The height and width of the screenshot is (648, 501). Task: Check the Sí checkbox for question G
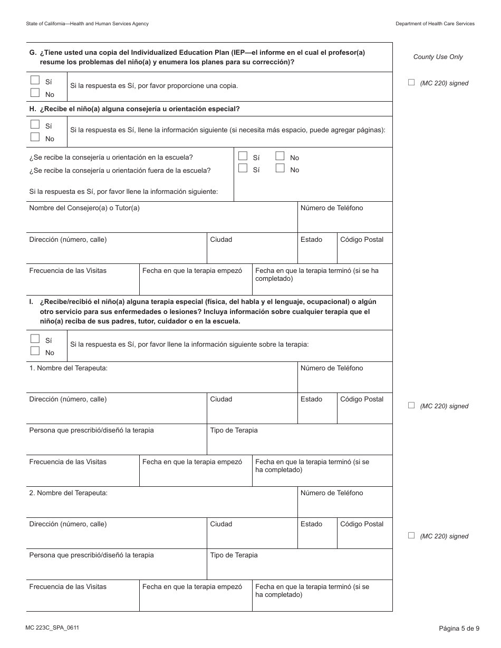pyautogui.click(x=35, y=81)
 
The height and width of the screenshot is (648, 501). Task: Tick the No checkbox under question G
pyautogui.click(x=35, y=93)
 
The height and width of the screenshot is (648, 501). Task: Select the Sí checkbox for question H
pyautogui.click(x=35, y=125)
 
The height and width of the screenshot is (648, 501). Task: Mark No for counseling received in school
pyautogui.click(x=280, y=156)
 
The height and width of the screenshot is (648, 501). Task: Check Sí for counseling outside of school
pyautogui.click(x=243, y=169)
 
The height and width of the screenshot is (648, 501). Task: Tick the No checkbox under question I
pyautogui.click(x=35, y=351)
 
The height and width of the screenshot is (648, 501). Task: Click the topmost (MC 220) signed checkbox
pyautogui.click(x=411, y=82)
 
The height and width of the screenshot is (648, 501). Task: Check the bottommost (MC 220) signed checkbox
pyautogui.click(x=411, y=535)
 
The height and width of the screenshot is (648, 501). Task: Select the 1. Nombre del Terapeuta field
pyautogui.click(x=161, y=381)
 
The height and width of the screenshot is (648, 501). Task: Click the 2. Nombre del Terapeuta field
pyautogui.click(x=161, y=506)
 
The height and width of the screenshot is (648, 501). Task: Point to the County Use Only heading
pyautogui.click(x=438, y=57)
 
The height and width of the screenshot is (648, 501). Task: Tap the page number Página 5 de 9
pyautogui.click(x=459, y=628)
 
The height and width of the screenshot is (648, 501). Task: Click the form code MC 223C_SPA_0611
pyautogui.click(x=52, y=627)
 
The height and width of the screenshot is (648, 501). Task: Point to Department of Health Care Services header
pyautogui.click(x=435, y=24)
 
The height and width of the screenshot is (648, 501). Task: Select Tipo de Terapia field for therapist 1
pyautogui.click(x=299, y=444)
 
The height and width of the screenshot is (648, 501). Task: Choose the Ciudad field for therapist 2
pyautogui.click(x=252, y=537)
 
